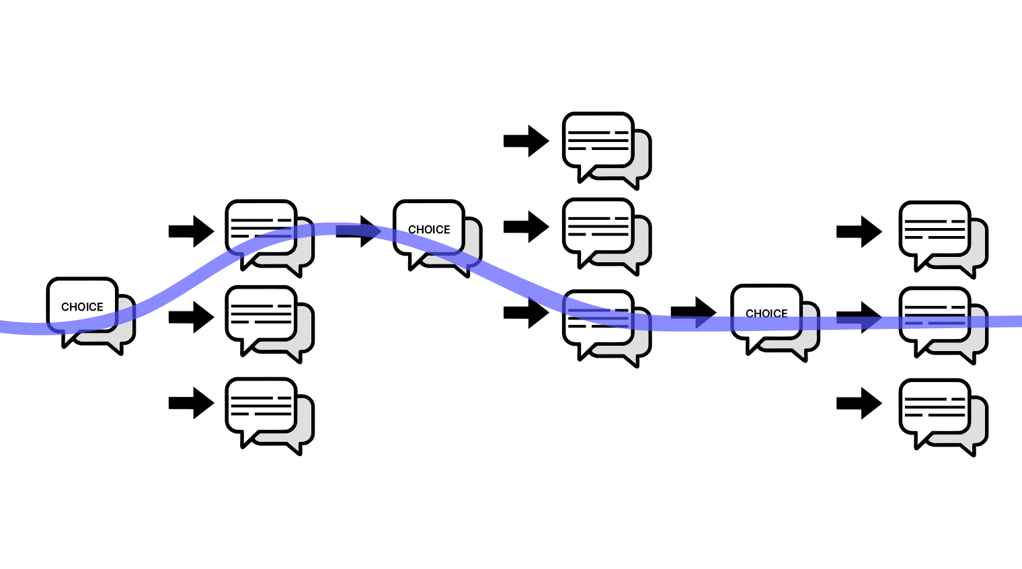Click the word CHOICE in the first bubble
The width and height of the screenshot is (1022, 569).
[x=82, y=307]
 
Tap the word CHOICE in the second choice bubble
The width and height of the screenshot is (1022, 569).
[x=429, y=229]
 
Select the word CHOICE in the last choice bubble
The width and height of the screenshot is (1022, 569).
[x=766, y=313]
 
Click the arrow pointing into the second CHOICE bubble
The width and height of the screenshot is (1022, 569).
[x=358, y=231]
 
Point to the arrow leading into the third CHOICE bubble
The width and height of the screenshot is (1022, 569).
[x=693, y=312]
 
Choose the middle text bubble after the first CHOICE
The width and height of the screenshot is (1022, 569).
[x=262, y=313]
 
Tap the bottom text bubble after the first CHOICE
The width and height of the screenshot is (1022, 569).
[x=262, y=405]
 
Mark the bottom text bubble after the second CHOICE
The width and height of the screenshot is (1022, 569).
[x=598, y=317]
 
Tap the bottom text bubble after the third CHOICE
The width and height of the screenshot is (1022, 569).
[x=935, y=406]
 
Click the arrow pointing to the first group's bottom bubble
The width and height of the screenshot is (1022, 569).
[x=191, y=403]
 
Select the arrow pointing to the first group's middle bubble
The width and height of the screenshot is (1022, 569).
[x=191, y=317]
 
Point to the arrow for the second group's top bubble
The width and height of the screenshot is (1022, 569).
[x=526, y=141]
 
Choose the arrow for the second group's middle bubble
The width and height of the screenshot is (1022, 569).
[x=526, y=227]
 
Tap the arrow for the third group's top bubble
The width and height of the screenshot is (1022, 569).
[x=859, y=231]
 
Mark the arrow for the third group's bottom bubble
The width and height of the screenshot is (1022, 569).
[x=859, y=403]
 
